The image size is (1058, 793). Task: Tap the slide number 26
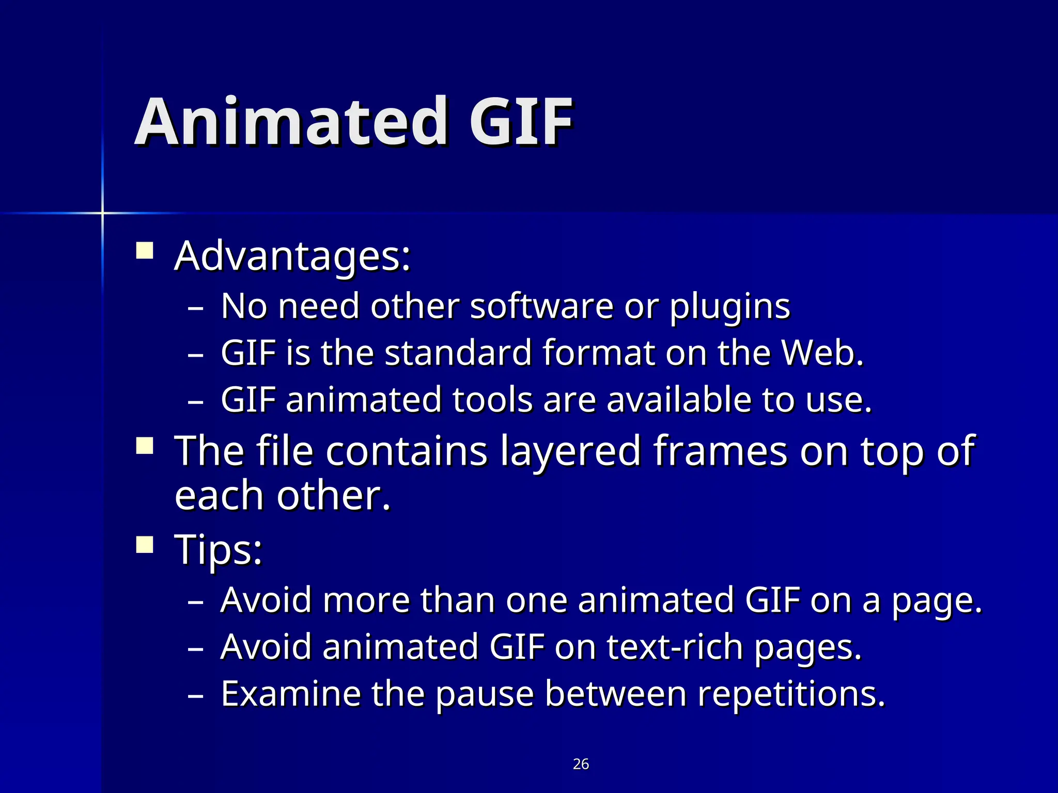pos(581,764)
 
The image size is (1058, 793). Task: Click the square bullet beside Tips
pos(145,544)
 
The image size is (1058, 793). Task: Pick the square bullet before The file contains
pos(145,446)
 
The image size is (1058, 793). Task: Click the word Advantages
pos(292,257)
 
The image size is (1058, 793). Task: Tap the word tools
pos(492,400)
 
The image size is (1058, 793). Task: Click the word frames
pos(721,450)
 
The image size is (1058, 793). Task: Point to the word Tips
pos(218,550)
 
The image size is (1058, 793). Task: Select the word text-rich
pos(675,646)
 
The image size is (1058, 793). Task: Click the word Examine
pos(290,693)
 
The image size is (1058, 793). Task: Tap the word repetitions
pos(791,694)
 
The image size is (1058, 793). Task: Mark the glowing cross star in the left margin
pos(102,212)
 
